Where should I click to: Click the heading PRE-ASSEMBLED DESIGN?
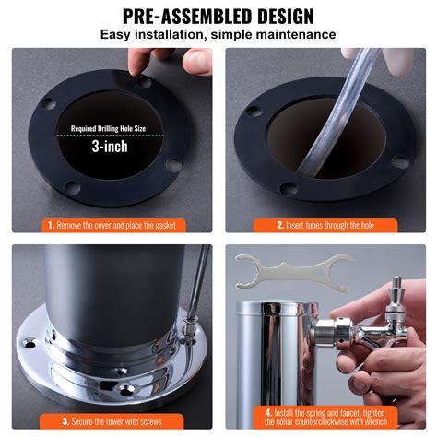point(218,16)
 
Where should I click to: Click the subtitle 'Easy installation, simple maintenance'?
point(218,36)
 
